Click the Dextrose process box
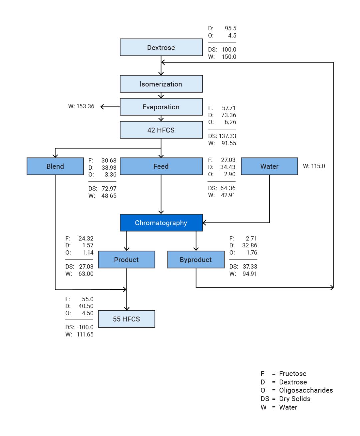(x=161, y=47)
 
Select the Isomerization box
(x=161, y=84)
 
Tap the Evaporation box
(x=161, y=107)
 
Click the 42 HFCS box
(x=161, y=130)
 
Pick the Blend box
(x=55, y=166)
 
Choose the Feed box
(x=161, y=166)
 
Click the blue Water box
(x=269, y=166)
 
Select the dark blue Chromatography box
(x=161, y=223)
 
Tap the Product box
(x=126, y=260)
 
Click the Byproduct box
(x=196, y=260)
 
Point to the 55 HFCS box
(x=126, y=319)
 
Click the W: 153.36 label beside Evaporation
(x=81, y=106)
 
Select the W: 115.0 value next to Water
(x=314, y=166)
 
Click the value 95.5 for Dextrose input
(x=230, y=28)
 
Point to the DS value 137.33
(x=228, y=136)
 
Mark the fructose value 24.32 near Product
(x=86, y=238)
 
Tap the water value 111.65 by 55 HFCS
(x=85, y=334)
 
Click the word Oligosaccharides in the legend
(x=306, y=390)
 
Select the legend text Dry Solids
(x=295, y=399)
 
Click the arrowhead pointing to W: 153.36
(x=102, y=107)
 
